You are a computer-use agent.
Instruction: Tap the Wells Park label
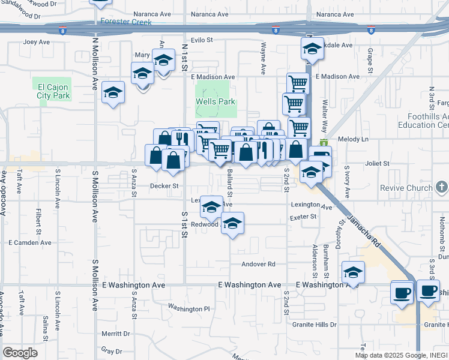pyautogui.click(x=215, y=102)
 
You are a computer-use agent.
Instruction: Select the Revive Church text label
pyautogui.click(x=406, y=188)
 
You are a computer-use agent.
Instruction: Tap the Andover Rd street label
pyautogui.click(x=258, y=264)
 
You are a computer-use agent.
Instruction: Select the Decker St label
pyautogui.click(x=164, y=186)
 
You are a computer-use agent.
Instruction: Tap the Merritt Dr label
pyautogui.click(x=115, y=334)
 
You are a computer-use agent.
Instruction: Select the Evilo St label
pyautogui.click(x=202, y=40)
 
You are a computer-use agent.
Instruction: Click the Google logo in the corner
pyautogui.click(x=20, y=353)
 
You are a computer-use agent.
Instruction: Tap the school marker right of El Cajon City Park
pyautogui.click(x=113, y=93)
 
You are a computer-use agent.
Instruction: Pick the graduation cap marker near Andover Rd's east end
pyautogui.click(x=354, y=271)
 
